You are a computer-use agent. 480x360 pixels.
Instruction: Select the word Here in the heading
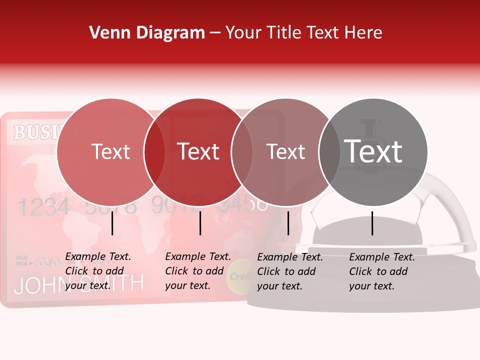tap(363, 33)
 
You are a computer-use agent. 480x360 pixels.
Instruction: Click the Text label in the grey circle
tap(373, 151)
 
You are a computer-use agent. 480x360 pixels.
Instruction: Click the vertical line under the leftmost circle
tap(112, 223)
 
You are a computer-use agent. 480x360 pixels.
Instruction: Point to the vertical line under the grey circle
tap(372, 223)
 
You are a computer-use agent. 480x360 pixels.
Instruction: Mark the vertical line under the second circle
tap(200, 223)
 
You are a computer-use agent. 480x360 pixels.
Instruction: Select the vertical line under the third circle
tap(288, 223)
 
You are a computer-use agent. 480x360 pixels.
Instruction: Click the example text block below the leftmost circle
tap(97, 271)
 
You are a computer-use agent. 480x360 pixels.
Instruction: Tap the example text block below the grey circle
tap(381, 271)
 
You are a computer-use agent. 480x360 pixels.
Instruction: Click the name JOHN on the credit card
tap(37, 285)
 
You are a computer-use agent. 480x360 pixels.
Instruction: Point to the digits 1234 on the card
tap(43, 206)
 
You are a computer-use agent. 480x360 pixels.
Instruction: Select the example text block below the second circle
tap(197, 271)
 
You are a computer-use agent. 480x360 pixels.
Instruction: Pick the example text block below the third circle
tap(289, 271)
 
